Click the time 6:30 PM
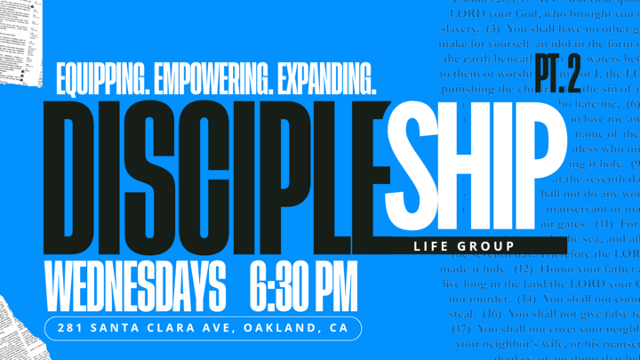[x=297, y=286]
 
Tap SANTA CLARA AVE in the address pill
[x=157, y=329]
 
